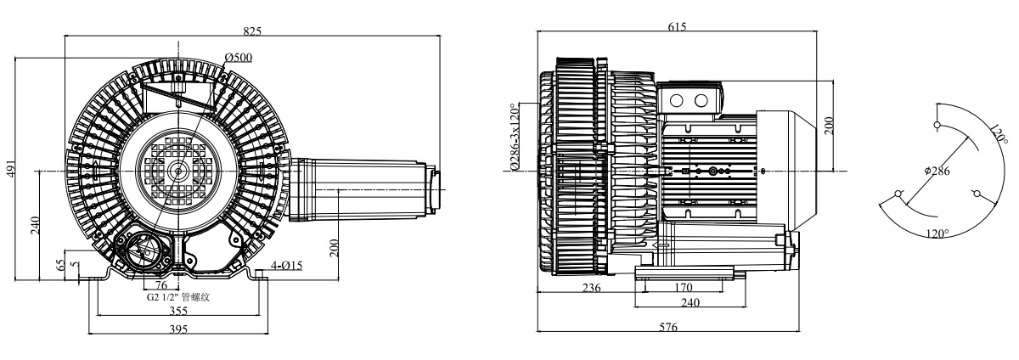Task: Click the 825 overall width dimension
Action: pos(252,31)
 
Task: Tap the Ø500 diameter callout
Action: pos(239,58)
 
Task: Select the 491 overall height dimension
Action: pos(11,168)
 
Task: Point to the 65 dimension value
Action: pos(60,266)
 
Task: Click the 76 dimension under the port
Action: pos(161,285)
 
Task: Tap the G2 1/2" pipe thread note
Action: pos(177,298)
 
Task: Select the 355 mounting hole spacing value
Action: pos(178,312)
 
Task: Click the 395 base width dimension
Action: pos(178,329)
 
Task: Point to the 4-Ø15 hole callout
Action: pos(287,266)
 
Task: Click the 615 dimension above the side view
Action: pos(677,26)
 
